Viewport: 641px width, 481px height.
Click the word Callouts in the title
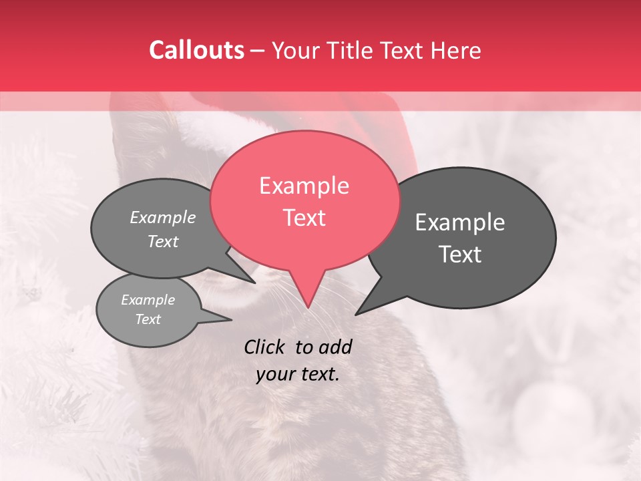pos(196,50)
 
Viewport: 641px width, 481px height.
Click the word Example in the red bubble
pos(304,186)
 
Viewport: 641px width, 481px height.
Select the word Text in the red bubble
pos(304,218)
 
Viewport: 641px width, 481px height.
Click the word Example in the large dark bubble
pos(460,222)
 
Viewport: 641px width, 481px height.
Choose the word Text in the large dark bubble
pos(460,255)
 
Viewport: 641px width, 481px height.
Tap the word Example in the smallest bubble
pos(148,300)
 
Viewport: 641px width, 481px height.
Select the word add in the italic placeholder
pos(335,347)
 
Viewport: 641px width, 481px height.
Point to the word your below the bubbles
pos(276,374)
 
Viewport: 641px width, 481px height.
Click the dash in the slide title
pos(258,50)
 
